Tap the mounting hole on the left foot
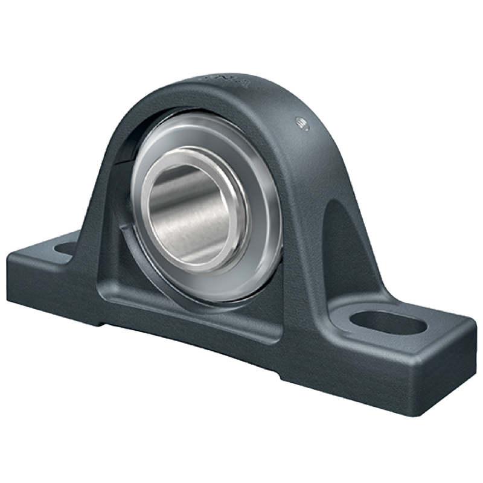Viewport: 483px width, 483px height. click(65, 248)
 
